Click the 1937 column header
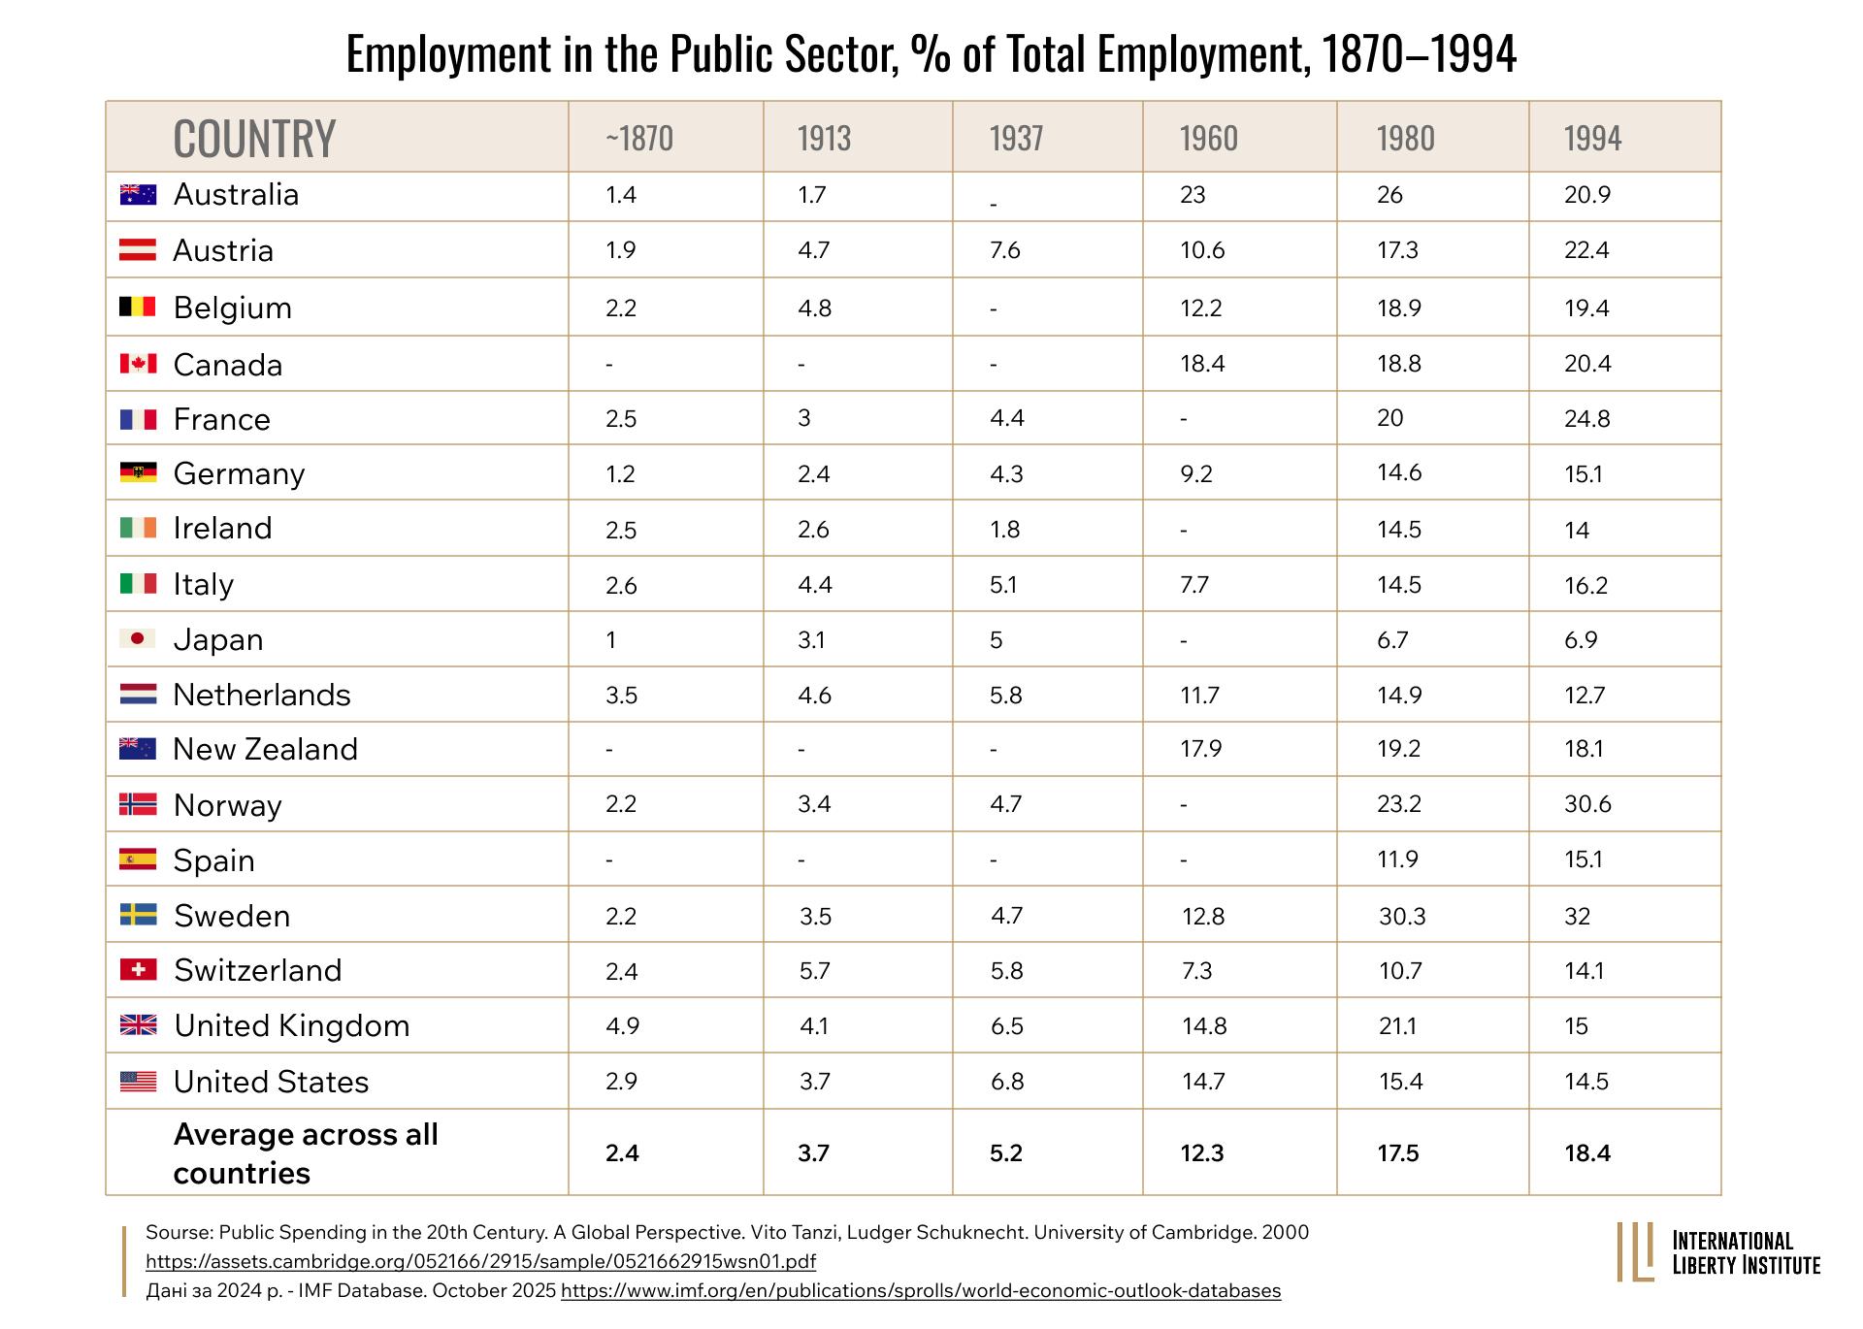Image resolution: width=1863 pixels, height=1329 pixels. click(x=1016, y=138)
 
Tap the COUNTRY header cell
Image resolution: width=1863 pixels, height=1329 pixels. click(x=254, y=138)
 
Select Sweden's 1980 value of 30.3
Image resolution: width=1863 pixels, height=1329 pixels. click(x=1402, y=916)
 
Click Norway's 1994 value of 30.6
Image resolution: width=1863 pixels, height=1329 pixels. click(x=1587, y=804)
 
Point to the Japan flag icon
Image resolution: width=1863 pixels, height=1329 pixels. click(x=138, y=638)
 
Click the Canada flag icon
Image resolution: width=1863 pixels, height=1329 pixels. click(x=138, y=363)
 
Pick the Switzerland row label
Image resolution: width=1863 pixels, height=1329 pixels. click(x=258, y=970)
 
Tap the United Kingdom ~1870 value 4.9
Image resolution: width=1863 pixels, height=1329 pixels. click(x=622, y=1026)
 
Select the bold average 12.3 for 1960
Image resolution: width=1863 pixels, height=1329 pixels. click(x=1202, y=1153)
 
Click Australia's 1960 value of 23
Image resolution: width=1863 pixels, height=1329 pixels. click(x=1193, y=195)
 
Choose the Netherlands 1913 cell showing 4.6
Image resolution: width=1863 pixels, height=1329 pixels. click(x=815, y=696)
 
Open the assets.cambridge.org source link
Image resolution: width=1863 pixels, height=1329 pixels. click(x=480, y=1261)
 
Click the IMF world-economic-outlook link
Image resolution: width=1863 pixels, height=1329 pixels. click(x=921, y=1291)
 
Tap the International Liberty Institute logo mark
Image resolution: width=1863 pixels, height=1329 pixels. click(x=1635, y=1251)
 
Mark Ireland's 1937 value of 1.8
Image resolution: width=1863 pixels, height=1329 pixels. click(x=1005, y=530)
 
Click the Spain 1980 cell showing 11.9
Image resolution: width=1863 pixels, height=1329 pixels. click(x=1398, y=859)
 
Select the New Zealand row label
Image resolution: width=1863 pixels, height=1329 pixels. click(x=266, y=749)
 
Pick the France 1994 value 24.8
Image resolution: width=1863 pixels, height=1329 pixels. click(x=1587, y=419)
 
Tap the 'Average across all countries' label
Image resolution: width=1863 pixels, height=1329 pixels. click(x=306, y=1153)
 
